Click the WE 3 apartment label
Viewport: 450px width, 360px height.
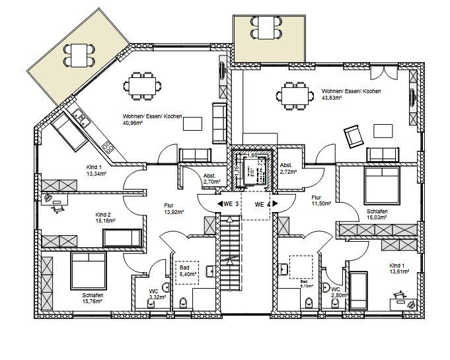(x=230, y=203)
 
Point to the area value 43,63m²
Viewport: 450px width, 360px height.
(x=331, y=98)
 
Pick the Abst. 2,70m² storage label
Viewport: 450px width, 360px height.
(x=211, y=177)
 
